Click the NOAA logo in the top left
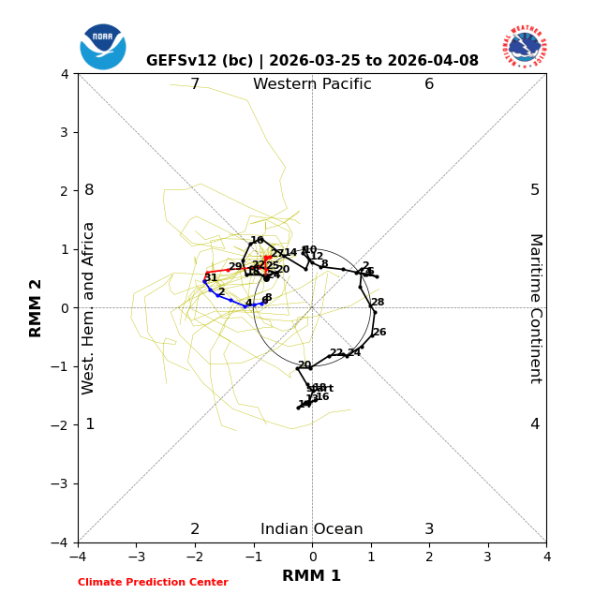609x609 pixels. (103, 46)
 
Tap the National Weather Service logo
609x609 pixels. (524, 46)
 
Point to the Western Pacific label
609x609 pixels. (312, 85)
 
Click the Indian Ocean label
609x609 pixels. (312, 529)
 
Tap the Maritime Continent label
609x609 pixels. (535, 308)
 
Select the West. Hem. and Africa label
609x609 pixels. (89, 308)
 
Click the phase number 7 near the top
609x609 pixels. (195, 85)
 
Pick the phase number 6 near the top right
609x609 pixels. (429, 85)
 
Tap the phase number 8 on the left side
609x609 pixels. (89, 190)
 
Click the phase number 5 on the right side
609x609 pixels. (535, 190)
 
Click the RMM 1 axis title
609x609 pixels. (312, 576)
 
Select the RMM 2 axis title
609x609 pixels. (37, 308)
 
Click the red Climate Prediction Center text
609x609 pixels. (153, 583)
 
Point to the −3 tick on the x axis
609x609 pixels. (136, 557)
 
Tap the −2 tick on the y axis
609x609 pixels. (61, 425)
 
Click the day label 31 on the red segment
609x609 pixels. (211, 278)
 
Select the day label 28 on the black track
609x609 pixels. (378, 303)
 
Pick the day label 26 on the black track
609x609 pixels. (379, 333)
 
